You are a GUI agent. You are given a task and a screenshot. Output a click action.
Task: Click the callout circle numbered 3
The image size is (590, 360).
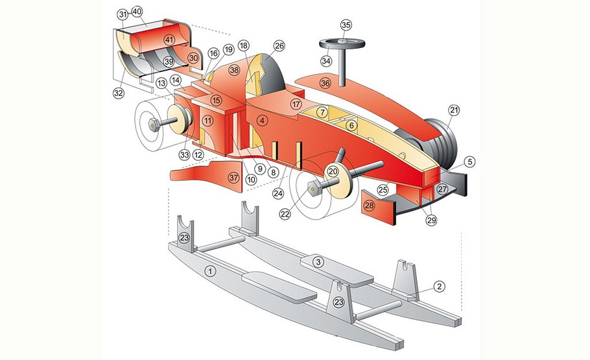click(318, 261)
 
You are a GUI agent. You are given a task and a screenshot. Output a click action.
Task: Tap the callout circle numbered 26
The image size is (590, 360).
click(279, 46)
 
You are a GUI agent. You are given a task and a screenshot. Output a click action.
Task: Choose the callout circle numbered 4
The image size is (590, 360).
click(262, 120)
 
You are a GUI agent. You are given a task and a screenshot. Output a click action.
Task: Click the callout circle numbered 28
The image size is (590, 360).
click(370, 206)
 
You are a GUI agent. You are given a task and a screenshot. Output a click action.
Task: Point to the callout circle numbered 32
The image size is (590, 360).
click(118, 93)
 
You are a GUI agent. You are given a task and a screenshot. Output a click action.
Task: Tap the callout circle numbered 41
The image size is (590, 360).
click(169, 40)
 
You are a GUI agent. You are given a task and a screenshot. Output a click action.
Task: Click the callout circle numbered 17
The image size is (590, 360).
click(296, 104)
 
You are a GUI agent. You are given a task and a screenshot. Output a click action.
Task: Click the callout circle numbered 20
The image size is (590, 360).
click(333, 171)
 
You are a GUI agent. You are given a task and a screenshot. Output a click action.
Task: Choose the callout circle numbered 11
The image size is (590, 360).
click(207, 120)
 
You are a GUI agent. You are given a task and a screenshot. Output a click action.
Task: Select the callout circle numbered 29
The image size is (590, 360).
click(431, 221)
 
